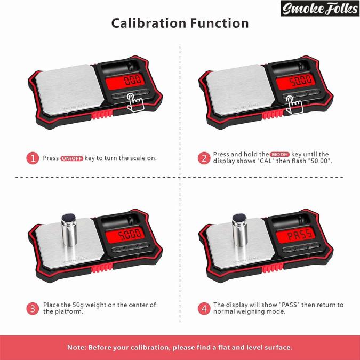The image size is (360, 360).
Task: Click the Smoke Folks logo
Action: (319, 9)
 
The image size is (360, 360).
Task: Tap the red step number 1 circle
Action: (33, 158)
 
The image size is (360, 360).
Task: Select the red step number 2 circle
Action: (204, 158)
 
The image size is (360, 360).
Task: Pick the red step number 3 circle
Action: (33, 308)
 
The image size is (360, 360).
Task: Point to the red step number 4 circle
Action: (204, 308)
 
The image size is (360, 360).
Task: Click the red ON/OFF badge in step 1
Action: (72, 158)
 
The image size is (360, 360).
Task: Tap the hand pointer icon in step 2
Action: (292, 103)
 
